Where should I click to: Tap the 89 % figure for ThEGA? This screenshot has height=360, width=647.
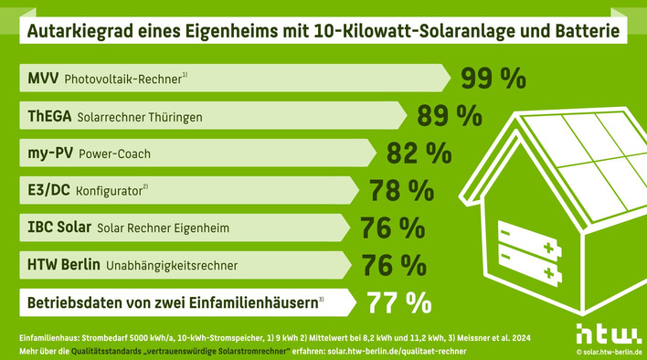pos(450,115)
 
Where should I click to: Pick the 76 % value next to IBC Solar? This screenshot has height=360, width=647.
pos(393,227)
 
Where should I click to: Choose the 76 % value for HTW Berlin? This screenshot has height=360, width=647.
pos(393,264)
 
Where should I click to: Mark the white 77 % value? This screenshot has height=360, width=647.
pos(398,301)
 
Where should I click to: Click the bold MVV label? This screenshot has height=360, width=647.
pos(42,79)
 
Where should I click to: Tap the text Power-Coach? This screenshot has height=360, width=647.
pos(114,154)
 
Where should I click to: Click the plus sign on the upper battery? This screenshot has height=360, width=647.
pos(548,249)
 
